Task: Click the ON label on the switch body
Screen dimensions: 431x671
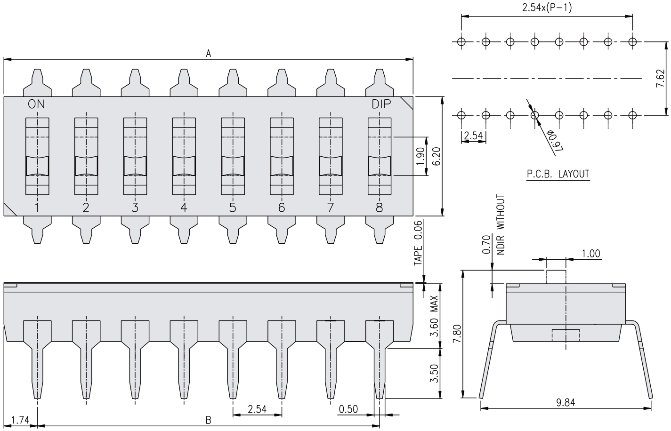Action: (37, 104)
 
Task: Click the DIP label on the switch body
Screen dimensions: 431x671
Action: (381, 104)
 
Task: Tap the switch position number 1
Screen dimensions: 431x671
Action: (37, 208)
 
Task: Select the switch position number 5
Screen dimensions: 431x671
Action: (233, 208)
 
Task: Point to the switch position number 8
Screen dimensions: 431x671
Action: (380, 208)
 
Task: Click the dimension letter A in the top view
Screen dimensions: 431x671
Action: (208, 54)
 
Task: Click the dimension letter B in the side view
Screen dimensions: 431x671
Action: (208, 420)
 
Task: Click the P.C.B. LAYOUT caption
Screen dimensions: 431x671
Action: (558, 174)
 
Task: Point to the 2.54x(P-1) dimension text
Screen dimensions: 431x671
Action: (547, 8)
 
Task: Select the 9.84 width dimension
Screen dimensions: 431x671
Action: (565, 402)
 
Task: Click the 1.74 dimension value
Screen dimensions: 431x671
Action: (20, 420)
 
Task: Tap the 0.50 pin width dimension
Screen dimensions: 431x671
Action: (348, 409)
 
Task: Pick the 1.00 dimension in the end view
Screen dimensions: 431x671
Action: (591, 254)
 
